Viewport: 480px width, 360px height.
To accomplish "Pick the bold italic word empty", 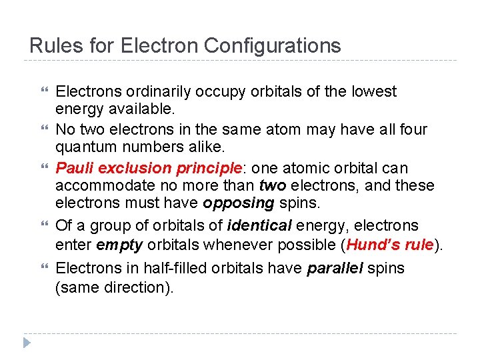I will point(120,245).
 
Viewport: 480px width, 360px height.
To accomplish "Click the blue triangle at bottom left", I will point(26,343).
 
